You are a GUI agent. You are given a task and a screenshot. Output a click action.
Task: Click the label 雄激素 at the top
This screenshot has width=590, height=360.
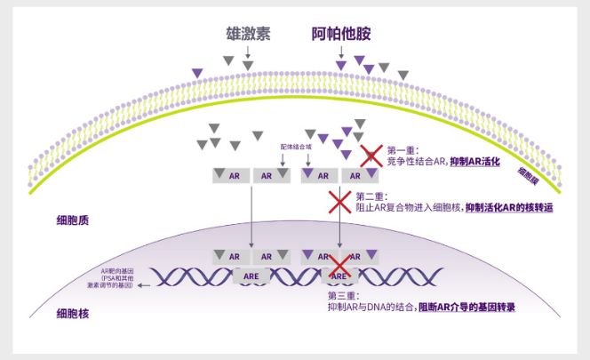coord(247,35)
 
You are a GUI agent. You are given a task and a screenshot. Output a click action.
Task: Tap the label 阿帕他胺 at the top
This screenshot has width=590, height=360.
coord(340,35)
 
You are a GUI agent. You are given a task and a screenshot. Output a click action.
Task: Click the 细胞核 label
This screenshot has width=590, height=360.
coord(71,313)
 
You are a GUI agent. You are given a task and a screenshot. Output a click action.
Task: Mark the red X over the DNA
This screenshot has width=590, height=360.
coord(339,267)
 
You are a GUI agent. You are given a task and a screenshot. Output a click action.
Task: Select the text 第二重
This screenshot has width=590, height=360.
coord(369,196)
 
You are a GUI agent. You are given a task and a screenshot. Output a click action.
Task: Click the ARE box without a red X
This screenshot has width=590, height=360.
coord(251,276)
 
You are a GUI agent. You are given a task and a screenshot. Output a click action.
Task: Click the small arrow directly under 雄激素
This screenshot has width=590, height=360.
coord(247,55)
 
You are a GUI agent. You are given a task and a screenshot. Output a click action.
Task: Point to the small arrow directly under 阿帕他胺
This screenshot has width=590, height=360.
coord(340,55)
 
